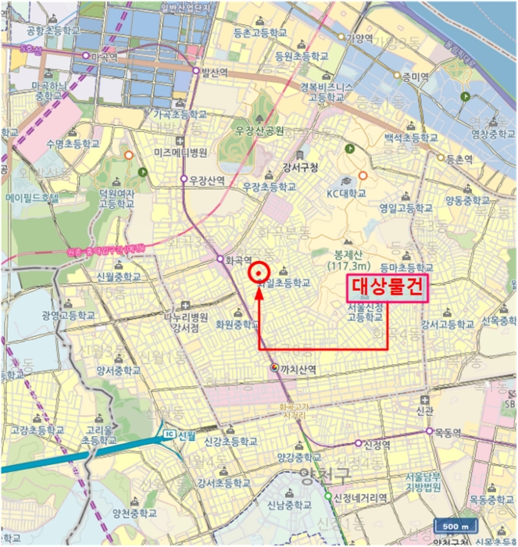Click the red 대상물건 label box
point(388,288)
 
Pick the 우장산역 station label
point(207,179)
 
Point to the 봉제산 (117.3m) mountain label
point(348,260)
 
